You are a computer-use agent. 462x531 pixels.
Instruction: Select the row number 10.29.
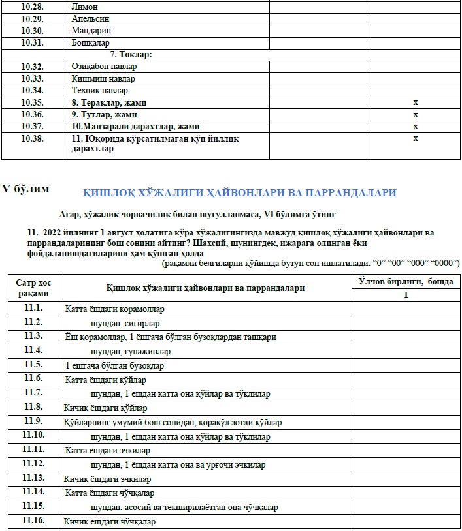pos(32,18)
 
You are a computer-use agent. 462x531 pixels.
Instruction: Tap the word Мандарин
pos(91,31)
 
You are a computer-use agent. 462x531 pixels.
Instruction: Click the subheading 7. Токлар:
pos(131,55)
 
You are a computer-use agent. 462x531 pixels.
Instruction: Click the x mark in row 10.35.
pos(415,103)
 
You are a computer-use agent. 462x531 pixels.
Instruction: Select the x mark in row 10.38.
pos(415,138)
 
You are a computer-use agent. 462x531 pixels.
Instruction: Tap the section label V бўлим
pos(25,189)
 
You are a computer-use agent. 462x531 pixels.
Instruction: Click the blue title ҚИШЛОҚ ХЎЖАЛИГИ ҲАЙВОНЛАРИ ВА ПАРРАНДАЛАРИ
pos(240,193)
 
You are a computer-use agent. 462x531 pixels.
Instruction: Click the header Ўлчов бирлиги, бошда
pos(405,281)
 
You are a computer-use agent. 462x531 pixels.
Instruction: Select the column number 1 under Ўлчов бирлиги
pos(405,296)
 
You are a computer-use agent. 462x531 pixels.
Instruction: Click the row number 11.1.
pos(33,308)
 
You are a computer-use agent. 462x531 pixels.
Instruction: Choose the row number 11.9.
pos(33,422)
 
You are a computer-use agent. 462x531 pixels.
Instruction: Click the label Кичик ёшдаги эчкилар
pos(107,479)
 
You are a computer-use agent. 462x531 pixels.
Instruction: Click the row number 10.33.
pos(32,79)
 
